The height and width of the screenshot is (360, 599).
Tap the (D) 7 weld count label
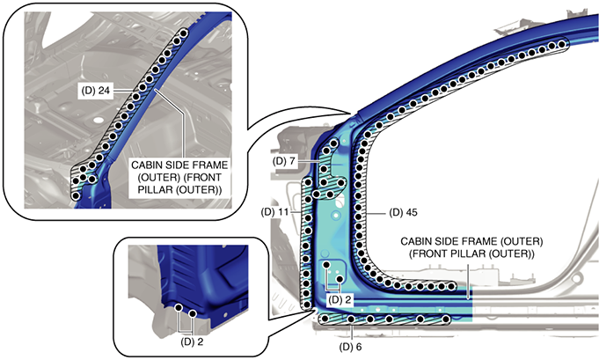[285, 163]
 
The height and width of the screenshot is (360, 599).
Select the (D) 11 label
[277, 212]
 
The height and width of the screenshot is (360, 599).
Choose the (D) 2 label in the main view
[340, 299]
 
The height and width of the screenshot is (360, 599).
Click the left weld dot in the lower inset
[179, 309]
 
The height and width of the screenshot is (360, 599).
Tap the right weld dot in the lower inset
[193, 313]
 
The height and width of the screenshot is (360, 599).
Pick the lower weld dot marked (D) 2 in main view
[339, 278]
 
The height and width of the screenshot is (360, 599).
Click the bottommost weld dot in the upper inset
[76, 195]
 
